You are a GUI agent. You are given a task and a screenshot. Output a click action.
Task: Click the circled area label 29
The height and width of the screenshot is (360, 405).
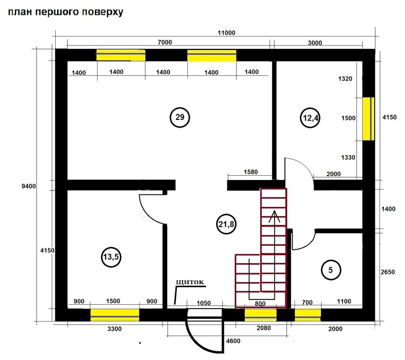pos(180,118)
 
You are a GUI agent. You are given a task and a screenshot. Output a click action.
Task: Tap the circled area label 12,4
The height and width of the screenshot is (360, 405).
pos(310,118)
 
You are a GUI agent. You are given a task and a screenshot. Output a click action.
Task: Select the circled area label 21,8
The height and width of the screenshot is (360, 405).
pos(226,224)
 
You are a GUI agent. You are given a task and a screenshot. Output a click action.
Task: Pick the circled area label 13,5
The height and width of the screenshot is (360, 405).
pos(111,257)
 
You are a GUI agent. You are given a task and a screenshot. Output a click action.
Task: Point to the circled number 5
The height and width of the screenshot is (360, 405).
pos(331,270)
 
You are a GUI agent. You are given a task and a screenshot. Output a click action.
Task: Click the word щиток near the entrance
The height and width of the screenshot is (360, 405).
pos(190,282)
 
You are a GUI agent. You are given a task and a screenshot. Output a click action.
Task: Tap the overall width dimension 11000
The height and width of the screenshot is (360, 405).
pos(226,33)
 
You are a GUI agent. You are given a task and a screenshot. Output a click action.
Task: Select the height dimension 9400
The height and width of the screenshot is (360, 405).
pos(29,186)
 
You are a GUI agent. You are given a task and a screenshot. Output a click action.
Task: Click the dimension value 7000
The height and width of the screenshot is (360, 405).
pos(165,42)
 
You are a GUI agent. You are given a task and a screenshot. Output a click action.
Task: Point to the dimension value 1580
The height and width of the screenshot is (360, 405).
pos(250,172)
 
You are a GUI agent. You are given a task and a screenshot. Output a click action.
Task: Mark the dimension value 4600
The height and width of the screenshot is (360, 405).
pos(233,341)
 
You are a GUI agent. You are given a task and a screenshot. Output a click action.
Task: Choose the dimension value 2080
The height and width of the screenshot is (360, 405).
pos(264,328)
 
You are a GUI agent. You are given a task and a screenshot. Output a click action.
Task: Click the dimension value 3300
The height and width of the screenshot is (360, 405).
pos(114,329)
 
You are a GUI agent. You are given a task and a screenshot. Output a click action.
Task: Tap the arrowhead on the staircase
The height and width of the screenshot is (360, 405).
pos(274,216)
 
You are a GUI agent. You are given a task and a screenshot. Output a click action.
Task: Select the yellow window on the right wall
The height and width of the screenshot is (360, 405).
pos(368,119)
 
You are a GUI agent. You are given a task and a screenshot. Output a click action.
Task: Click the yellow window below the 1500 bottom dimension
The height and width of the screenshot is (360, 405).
pos(115,315)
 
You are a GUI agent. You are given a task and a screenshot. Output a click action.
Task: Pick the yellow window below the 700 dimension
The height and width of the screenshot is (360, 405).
pos(308,315)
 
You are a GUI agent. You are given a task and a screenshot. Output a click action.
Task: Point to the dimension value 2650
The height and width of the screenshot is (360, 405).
pos(388,272)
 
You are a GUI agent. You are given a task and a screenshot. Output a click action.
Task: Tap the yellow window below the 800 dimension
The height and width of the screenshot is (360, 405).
pos(260,315)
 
